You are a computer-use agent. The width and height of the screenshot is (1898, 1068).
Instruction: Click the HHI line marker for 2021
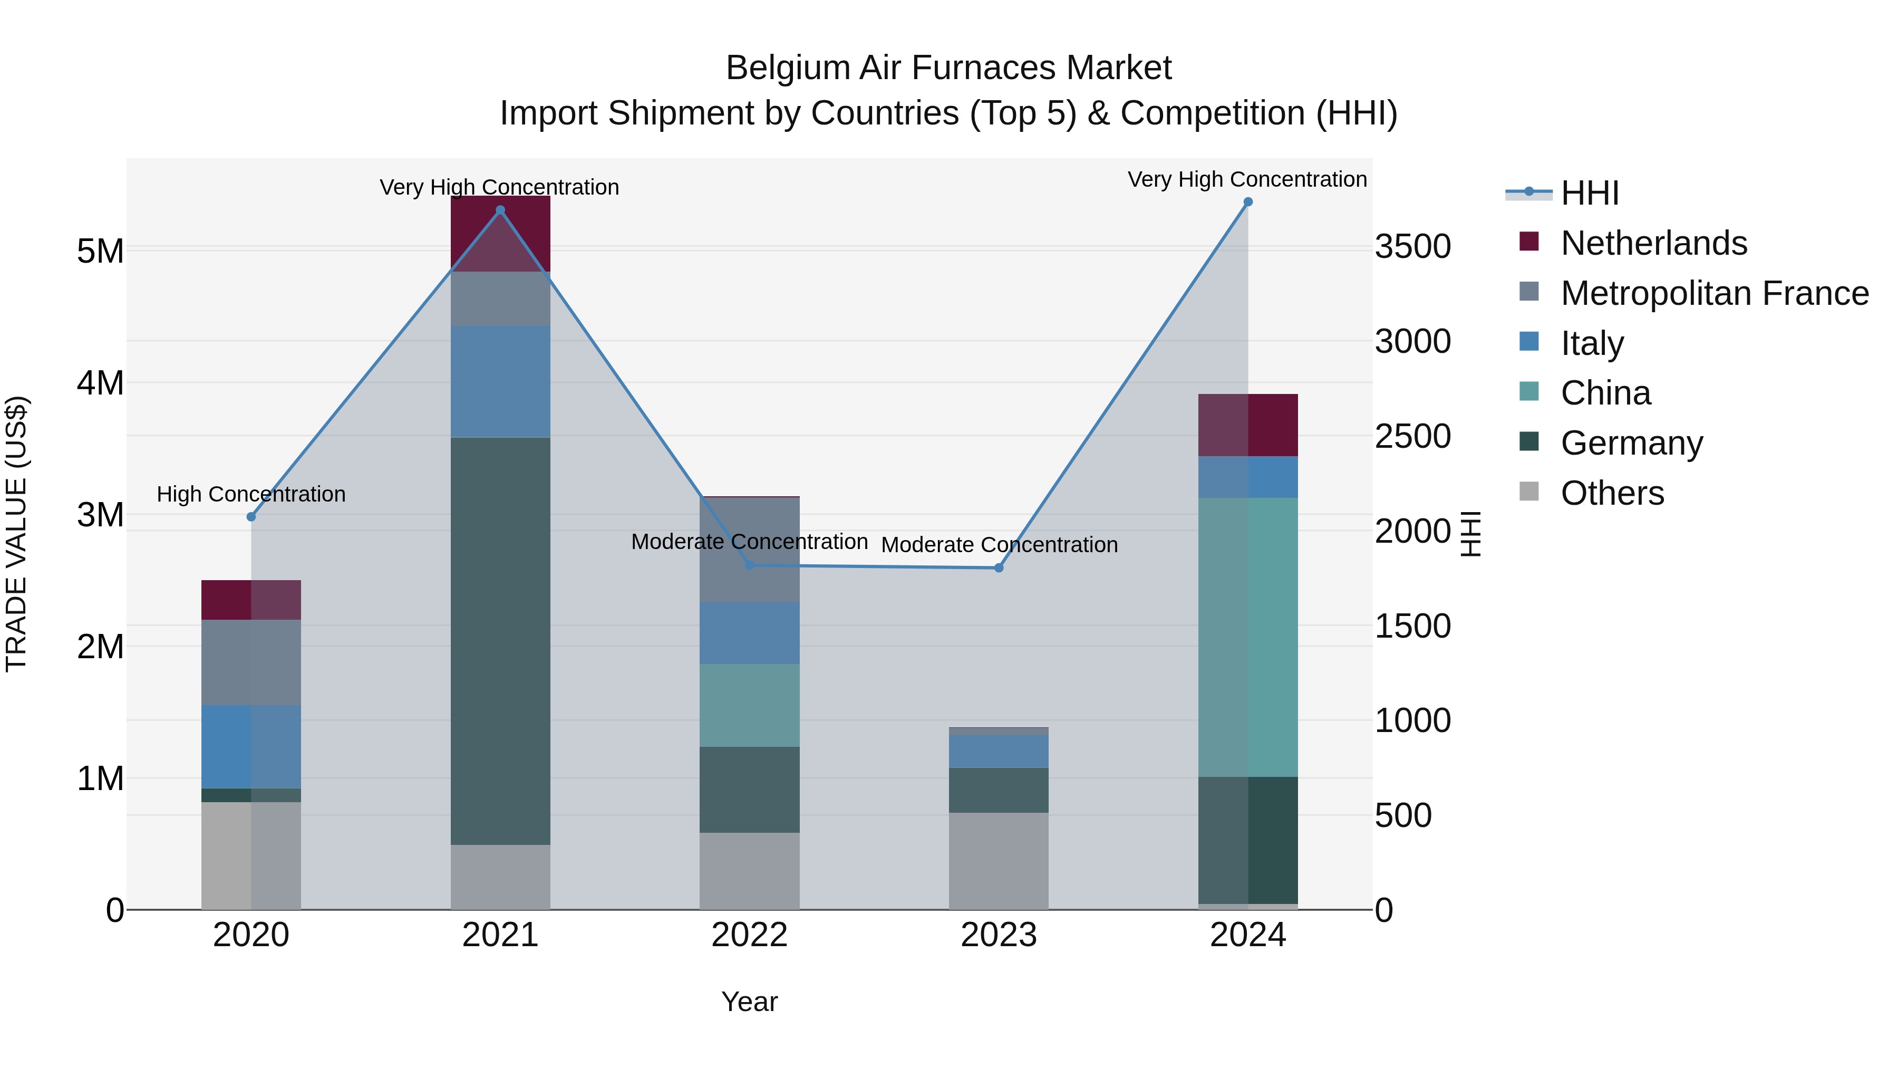(500, 210)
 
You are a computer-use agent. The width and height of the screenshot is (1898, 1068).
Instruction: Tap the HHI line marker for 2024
(1247, 202)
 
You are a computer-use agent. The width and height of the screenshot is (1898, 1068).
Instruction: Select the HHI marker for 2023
(999, 567)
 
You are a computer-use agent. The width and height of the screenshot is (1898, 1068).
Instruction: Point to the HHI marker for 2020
(251, 517)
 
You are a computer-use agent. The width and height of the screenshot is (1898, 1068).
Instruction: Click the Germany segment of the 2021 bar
(500, 641)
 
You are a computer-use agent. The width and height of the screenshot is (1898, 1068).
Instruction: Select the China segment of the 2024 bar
(1247, 638)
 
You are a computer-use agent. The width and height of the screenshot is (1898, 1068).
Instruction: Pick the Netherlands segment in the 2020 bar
(251, 600)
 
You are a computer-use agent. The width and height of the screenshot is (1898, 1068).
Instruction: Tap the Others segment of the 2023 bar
(999, 861)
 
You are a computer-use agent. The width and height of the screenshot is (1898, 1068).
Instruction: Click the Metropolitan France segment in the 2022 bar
(749, 549)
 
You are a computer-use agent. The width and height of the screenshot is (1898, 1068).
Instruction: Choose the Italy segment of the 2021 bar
(500, 382)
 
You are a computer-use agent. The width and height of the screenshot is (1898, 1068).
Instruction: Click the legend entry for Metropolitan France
(1714, 293)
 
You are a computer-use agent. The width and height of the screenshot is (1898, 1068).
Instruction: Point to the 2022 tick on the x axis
(749, 935)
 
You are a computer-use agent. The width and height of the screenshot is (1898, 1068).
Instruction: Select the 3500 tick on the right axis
(1412, 246)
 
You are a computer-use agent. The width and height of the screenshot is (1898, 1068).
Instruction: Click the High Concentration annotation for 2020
(251, 494)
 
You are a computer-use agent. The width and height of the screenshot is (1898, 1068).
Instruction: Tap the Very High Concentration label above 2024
(1247, 179)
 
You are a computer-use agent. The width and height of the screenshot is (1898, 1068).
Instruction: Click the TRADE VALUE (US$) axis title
(16, 534)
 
